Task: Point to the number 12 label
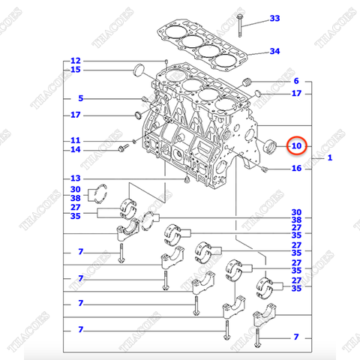(x=75, y=61)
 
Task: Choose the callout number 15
(x=75, y=70)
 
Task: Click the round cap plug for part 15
(x=139, y=71)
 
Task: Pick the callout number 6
(x=296, y=81)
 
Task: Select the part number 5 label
(x=82, y=99)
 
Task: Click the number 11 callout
(x=75, y=140)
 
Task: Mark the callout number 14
(x=75, y=150)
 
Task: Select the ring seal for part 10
(x=271, y=144)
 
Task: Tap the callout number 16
(x=296, y=169)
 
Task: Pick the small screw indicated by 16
(x=265, y=169)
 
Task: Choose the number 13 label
(x=75, y=178)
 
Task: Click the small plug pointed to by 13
(x=184, y=181)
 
